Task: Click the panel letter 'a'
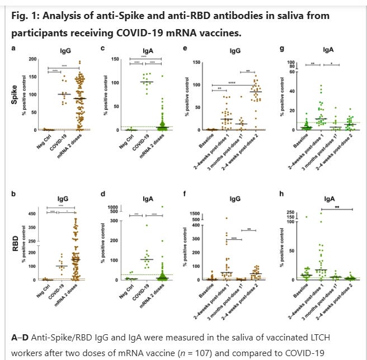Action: click(x=14, y=49)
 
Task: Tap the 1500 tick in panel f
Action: click(x=207, y=214)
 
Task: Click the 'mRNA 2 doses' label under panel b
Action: click(x=75, y=291)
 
